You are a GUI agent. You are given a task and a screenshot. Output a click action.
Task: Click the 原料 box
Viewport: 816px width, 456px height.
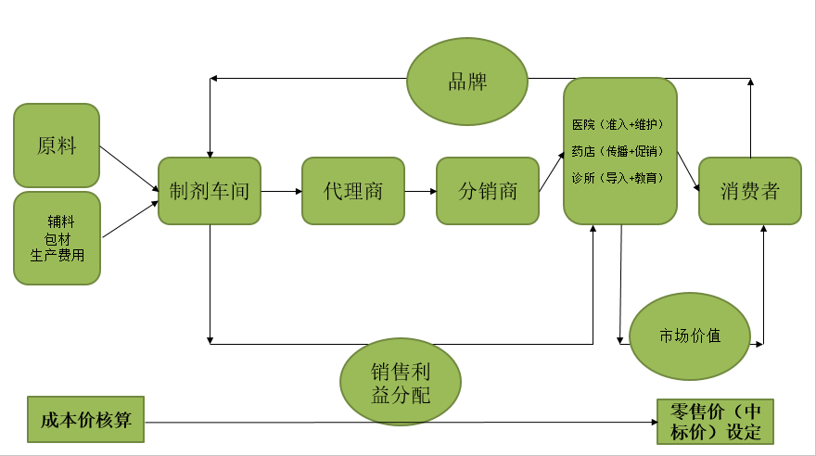click(x=57, y=146)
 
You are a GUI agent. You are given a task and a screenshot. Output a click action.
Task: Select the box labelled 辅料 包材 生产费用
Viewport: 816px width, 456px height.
click(x=57, y=238)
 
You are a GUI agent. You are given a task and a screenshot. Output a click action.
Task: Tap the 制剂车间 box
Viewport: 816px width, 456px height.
click(x=210, y=192)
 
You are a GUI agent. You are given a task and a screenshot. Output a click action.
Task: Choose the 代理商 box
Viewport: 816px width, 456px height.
click(x=353, y=192)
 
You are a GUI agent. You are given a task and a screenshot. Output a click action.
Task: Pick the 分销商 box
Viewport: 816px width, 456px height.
click(x=488, y=192)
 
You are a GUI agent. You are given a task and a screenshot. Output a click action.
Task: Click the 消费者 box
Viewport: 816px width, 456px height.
click(x=749, y=192)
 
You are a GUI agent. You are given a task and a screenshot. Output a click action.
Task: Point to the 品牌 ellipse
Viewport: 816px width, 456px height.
click(x=468, y=81)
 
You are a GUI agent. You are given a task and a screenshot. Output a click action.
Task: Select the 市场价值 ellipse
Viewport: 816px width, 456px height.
click(x=689, y=336)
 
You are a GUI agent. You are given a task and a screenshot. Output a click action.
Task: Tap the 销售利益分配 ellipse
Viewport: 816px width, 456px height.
click(x=402, y=383)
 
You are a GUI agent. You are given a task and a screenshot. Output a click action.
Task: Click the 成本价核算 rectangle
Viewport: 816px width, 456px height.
click(x=85, y=421)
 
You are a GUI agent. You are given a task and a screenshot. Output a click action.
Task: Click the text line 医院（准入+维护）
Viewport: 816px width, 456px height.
click(x=618, y=123)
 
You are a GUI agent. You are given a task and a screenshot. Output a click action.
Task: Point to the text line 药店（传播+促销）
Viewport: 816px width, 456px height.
click(x=618, y=150)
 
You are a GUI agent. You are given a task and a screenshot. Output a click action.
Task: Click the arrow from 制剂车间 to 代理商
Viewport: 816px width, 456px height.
click(x=281, y=192)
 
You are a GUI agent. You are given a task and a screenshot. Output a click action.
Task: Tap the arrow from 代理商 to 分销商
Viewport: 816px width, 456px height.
click(x=421, y=192)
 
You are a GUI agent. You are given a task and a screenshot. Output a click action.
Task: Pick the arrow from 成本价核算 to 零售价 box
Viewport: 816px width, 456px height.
click(x=399, y=423)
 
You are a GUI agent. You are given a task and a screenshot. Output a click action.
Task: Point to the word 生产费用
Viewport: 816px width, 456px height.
click(x=57, y=255)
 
